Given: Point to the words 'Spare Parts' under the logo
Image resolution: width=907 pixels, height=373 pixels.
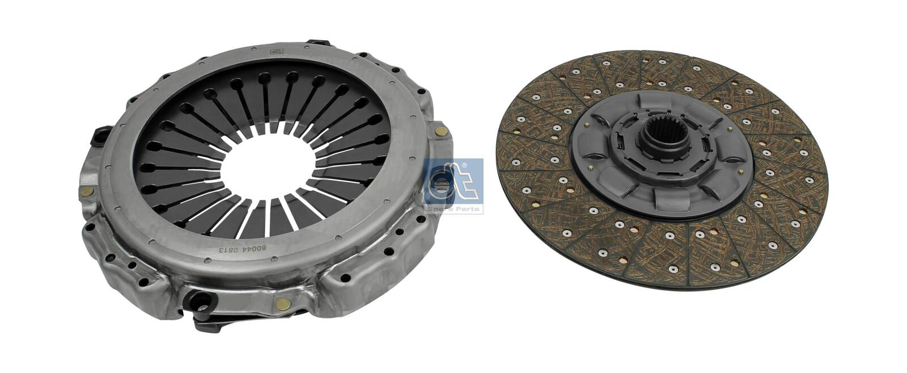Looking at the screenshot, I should point(453,209).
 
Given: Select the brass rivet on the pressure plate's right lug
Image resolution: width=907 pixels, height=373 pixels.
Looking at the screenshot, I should point(439,132).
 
